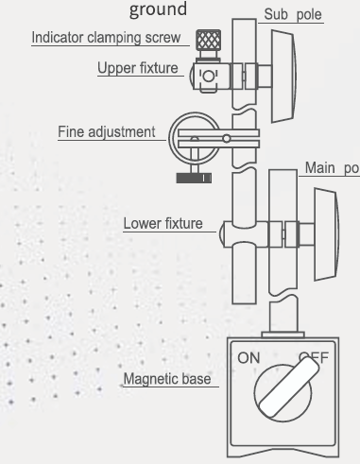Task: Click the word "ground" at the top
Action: tap(159, 9)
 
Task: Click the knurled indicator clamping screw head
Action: tap(209, 41)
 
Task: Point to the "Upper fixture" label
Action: tap(139, 68)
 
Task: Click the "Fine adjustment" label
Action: tap(106, 132)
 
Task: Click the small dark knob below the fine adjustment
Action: tap(196, 177)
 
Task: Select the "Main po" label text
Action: tap(331, 168)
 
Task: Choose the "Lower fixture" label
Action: tap(163, 224)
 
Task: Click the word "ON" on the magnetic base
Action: tap(249, 358)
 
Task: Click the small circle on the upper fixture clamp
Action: tap(210, 74)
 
